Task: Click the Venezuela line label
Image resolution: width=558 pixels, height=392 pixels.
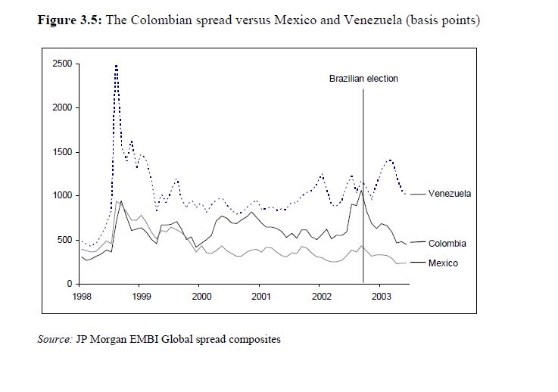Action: pos(449,194)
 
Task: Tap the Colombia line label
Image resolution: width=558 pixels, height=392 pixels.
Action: pos(447,244)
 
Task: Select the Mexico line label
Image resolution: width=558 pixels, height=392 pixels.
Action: pos(443,263)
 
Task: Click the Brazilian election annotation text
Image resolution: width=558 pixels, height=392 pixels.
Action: pos(363,79)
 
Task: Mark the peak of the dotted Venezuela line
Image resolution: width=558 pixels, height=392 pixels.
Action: pos(116,66)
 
